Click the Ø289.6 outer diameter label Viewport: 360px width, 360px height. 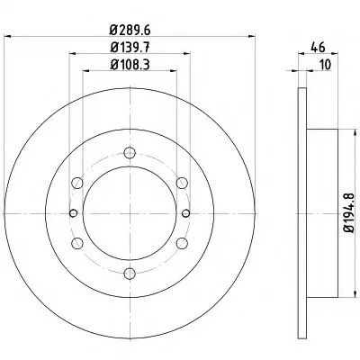coord(130,30)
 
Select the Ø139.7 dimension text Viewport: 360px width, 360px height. coord(130,48)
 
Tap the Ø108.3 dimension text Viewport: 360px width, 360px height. coord(130,65)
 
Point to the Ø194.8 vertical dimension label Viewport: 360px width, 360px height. coord(349,213)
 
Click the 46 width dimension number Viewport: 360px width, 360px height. coord(318,48)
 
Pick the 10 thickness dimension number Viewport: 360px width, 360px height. coord(325,65)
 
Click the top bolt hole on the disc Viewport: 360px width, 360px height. coord(130,153)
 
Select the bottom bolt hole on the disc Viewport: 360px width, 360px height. coord(130,274)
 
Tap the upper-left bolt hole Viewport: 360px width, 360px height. coord(77,183)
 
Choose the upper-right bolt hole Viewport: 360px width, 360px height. coord(182,183)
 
